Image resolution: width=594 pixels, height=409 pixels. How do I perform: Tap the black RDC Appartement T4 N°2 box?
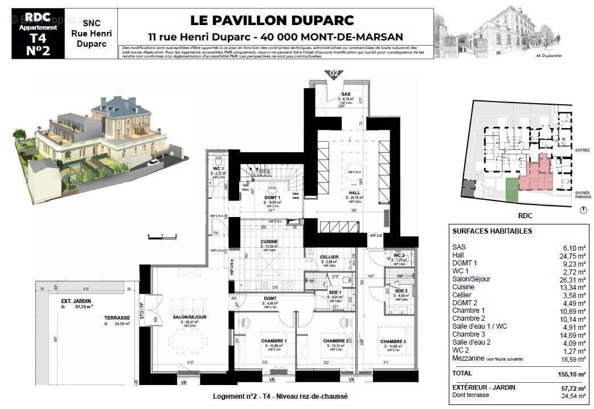pyautogui.click(x=38, y=34)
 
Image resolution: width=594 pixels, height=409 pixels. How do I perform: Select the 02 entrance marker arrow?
pyautogui.click(x=334, y=73)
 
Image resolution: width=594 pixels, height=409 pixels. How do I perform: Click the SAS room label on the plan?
pyautogui.click(x=346, y=94)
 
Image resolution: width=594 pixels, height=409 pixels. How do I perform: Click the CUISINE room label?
pyautogui.click(x=269, y=242)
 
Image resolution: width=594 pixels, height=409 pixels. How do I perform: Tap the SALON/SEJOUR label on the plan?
pyautogui.click(x=190, y=317)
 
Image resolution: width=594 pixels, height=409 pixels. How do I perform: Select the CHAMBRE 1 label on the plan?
pyautogui.click(x=274, y=341)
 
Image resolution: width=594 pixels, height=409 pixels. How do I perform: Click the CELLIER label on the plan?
pyautogui.click(x=329, y=257)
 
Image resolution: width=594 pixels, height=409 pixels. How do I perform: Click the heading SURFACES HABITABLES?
pyautogui.click(x=492, y=231)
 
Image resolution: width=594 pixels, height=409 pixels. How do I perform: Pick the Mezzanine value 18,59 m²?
pyautogui.click(x=572, y=359)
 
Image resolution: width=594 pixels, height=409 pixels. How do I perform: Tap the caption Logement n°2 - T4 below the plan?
pyautogui.click(x=280, y=396)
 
